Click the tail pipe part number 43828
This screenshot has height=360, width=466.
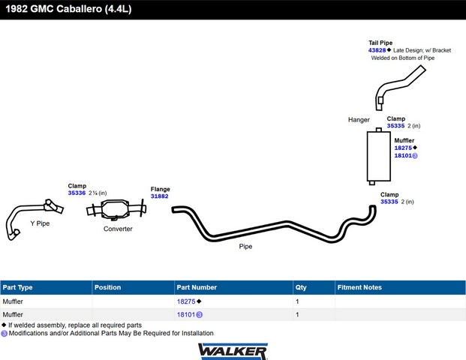coord(377,50)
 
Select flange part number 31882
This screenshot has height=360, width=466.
coord(159,196)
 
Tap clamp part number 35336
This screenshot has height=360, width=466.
coord(77,193)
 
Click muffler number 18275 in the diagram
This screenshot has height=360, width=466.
coord(403,148)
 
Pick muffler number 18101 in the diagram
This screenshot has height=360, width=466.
coord(403,156)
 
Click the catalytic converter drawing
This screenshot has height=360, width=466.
coord(116,210)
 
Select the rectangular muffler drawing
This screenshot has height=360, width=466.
coord(379,156)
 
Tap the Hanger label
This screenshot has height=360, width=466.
coord(359,120)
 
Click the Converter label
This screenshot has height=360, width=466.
coord(118,229)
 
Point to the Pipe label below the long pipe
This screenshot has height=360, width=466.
coord(245,247)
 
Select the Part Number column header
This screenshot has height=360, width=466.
coord(197,287)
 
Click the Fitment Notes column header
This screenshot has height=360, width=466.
coord(359,287)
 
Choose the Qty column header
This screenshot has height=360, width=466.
coord(301,287)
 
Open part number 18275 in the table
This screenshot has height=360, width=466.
coord(186,301)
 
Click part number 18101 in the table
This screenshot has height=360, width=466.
coord(186,314)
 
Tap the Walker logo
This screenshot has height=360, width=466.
coord(233,352)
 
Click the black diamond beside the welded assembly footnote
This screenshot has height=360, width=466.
coord(4,325)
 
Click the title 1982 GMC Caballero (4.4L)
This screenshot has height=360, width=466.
coord(68,9)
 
